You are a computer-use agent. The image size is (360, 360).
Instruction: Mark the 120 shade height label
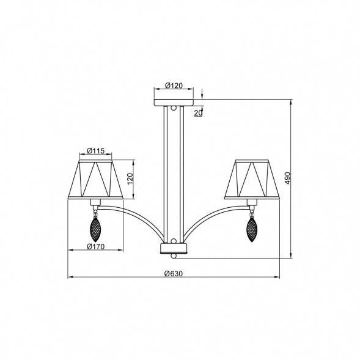point(130,179)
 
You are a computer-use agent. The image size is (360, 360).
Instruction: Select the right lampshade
point(252,180)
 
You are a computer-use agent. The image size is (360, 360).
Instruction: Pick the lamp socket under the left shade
point(95,202)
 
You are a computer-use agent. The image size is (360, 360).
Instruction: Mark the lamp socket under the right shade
point(251,202)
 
